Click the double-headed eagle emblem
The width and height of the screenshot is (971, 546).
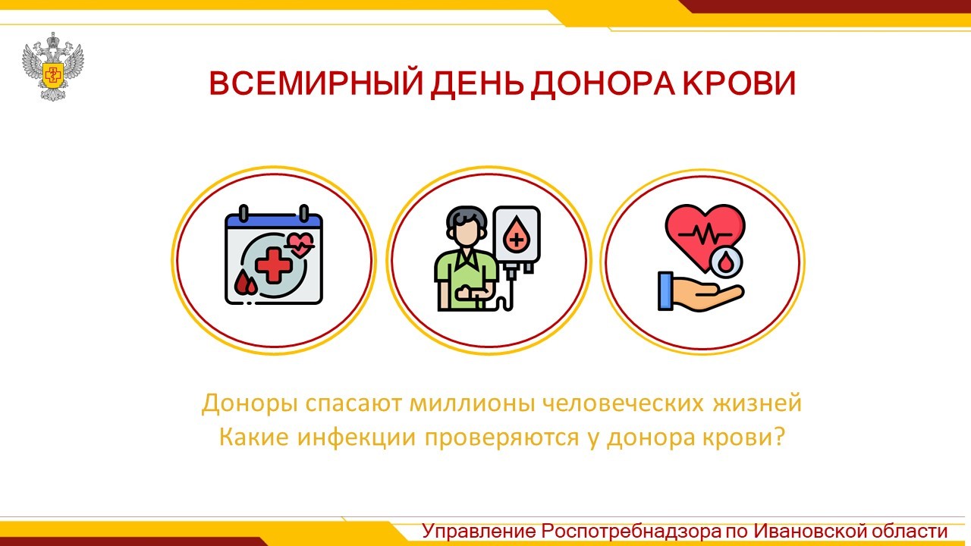(x=53, y=66)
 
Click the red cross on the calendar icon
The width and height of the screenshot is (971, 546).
(x=274, y=265)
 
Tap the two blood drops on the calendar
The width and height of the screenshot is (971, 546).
(x=246, y=283)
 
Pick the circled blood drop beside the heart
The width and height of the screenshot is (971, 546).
(x=727, y=262)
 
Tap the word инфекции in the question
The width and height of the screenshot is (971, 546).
(x=357, y=438)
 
